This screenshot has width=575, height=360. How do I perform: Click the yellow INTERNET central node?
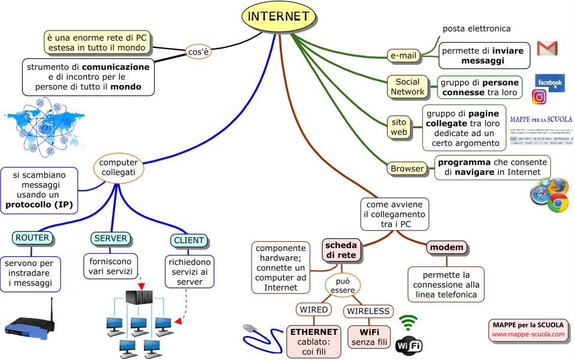pyautogui.click(x=279, y=17)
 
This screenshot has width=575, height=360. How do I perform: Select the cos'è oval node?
pyautogui.click(x=198, y=52)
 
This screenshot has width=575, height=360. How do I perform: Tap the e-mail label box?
pyautogui.click(x=403, y=56)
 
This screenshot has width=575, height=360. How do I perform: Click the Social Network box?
pyautogui.click(x=408, y=87)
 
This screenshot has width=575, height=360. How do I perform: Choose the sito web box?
pyautogui.click(x=399, y=126)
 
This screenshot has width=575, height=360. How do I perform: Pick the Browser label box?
pyautogui.click(x=407, y=169)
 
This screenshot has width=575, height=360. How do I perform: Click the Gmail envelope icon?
pyautogui.click(x=547, y=49)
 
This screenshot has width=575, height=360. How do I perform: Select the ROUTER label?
pyautogui.click(x=32, y=238)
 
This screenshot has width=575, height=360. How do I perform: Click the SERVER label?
pyautogui.click(x=111, y=238)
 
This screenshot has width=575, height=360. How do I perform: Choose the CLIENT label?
pyautogui.click(x=188, y=241)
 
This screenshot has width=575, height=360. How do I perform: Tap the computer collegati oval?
pyautogui.click(x=118, y=167)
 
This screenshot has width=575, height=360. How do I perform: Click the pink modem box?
pyautogui.click(x=446, y=247)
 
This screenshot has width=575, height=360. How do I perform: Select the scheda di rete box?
pyautogui.click(x=341, y=250)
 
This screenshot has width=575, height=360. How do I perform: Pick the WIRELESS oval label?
pyautogui.click(x=368, y=311)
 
